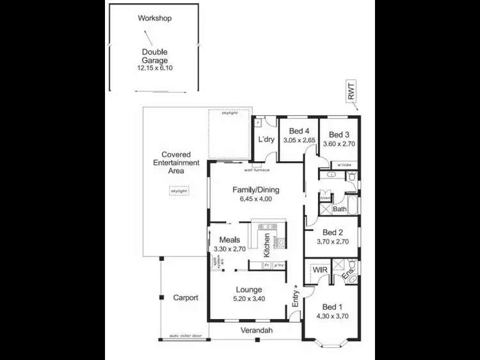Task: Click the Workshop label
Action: pos(154,18)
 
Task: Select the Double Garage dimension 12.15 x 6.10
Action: pos(154,68)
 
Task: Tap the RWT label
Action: pos(351,93)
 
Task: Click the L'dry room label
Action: pos(266,139)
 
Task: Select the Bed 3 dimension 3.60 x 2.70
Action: pos(339,145)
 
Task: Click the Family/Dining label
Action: pos(255,190)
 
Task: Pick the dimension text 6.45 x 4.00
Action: pos(255,199)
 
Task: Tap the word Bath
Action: pos(340,209)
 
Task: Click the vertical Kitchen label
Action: pos(267,246)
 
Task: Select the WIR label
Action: pos(319,271)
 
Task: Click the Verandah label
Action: pos(257,331)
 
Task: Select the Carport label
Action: pos(186,298)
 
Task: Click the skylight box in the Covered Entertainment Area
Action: pos(179,191)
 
